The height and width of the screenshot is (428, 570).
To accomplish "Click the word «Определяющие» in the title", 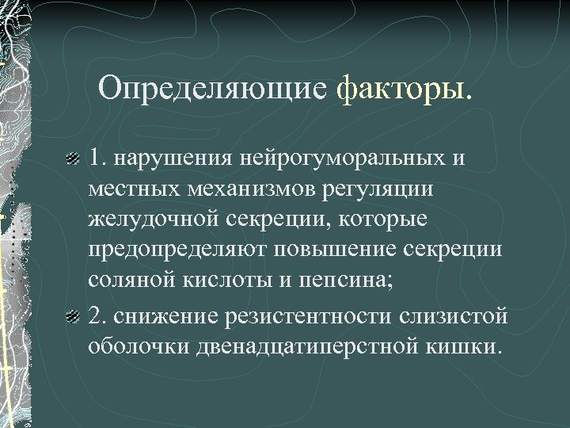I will pyautogui.click(x=212, y=88).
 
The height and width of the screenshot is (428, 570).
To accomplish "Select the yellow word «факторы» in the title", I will pyautogui.click(x=401, y=88).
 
